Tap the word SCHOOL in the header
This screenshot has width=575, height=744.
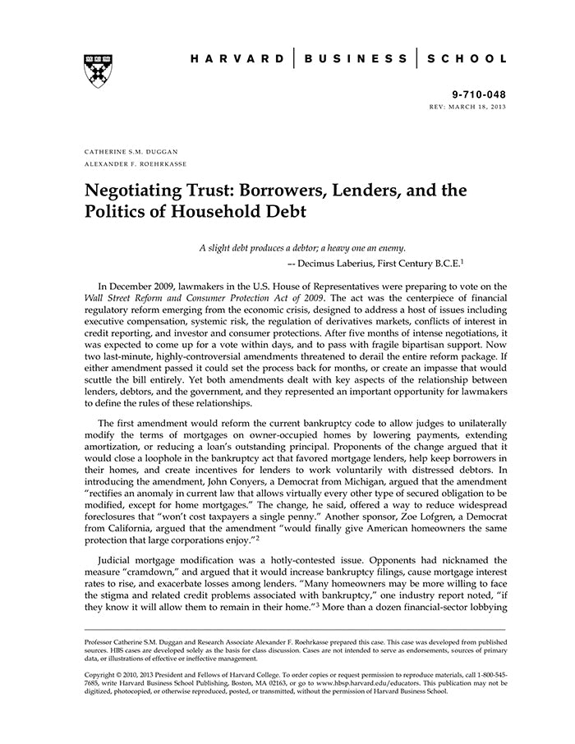pos(469,59)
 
